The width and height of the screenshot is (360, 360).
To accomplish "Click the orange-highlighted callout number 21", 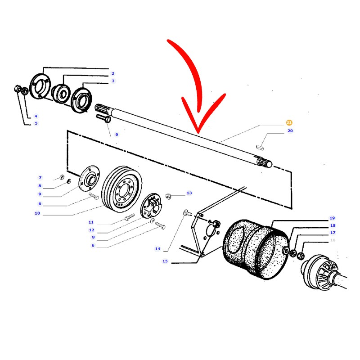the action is pyautogui.click(x=289, y=122).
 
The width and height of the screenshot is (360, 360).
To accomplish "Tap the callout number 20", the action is pyautogui.click(x=290, y=130).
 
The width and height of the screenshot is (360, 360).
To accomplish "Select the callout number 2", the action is pyautogui.click(x=113, y=73).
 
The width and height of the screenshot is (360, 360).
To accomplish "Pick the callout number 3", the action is pyautogui.click(x=113, y=81).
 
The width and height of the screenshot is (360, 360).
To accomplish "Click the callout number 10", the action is pyautogui.click(x=37, y=213).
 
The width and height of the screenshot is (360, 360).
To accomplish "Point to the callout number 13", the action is pyautogui.click(x=189, y=193).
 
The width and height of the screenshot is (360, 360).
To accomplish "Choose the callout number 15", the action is pyautogui.click(x=165, y=261).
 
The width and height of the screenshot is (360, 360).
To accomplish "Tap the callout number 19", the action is pyautogui.click(x=332, y=218).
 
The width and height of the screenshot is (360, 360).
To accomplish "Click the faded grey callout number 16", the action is pyautogui.click(x=333, y=240).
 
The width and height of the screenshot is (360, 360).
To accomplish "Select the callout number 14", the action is pyautogui.click(x=157, y=249).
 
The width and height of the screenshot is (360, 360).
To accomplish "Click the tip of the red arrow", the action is pyautogui.click(x=198, y=133).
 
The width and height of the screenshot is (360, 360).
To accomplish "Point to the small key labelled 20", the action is pyautogui.click(x=260, y=147).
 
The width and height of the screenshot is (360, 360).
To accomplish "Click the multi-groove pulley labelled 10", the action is pyautogui.click(x=121, y=189).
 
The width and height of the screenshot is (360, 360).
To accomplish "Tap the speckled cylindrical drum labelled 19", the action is pyautogui.click(x=256, y=249).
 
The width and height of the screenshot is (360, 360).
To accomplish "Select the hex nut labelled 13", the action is pyautogui.click(x=168, y=196).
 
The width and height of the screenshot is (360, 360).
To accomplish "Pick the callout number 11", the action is pyautogui.click(x=91, y=222).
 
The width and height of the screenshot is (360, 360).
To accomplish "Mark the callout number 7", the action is pyautogui.click(x=40, y=177).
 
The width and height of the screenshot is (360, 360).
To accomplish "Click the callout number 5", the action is pyautogui.click(x=36, y=123).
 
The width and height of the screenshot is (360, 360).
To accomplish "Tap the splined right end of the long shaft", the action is pyautogui.click(x=264, y=161).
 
